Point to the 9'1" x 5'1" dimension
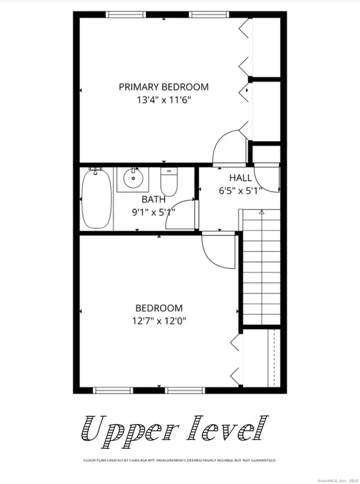coord(154,211)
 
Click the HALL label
coord(240,178)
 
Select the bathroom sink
coord(131,178)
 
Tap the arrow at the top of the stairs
coord(261,212)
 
